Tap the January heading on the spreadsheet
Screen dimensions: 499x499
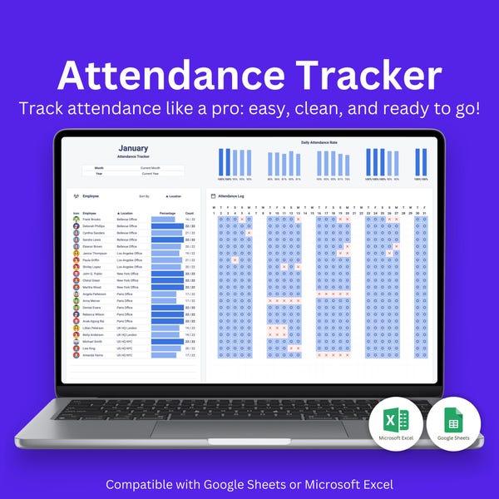coord(133,149)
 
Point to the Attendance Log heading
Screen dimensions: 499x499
coord(230,195)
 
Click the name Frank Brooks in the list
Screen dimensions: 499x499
coord(91,220)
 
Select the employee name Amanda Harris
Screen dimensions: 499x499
coord(92,355)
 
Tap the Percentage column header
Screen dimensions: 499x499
coord(167,214)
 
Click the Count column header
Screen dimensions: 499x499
coord(190,214)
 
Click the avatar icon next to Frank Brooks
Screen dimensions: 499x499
coord(77,220)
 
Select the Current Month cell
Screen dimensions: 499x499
coord(151,167)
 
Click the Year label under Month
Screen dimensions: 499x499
coord(99,174)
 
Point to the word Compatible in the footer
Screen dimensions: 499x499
coord(139,484)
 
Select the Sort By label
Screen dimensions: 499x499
coord(144,196)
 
